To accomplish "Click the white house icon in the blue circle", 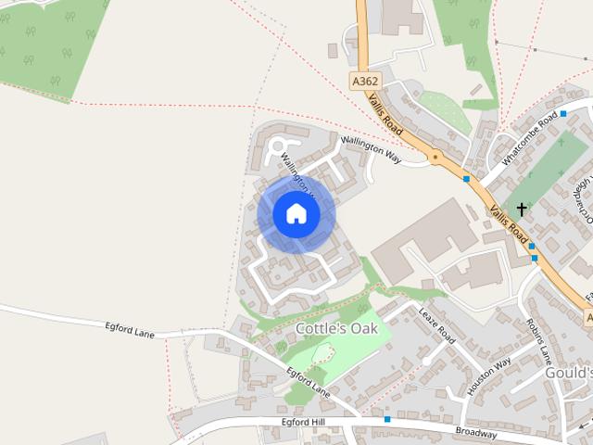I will (x=296, y=214).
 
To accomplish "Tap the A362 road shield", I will (x=364, y=82).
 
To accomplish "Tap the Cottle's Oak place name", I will (x=336, y=328).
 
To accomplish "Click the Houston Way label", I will (x=489, y=376).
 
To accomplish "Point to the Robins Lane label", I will (x=538, y=341).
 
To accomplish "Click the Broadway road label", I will (x=476, y=432).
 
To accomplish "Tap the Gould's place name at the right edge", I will (x=567, y=372).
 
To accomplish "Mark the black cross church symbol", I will (x=522, y=210).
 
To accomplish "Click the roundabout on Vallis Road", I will (x=435, y=158).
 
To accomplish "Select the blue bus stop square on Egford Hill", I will (x=387, y=420).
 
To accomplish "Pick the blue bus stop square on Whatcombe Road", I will (x=562, y=113).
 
